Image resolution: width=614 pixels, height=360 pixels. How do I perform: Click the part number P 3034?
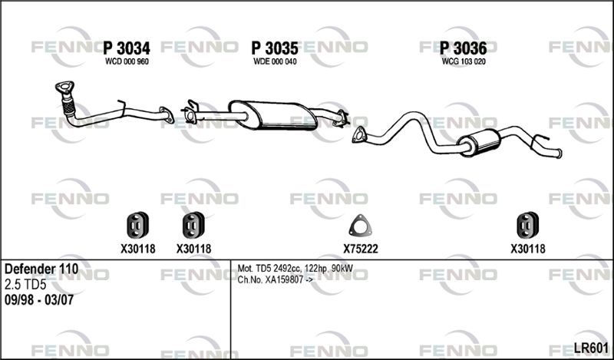click(x=127, y=48)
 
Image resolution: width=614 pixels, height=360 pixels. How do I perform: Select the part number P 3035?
click(x=275, y=48)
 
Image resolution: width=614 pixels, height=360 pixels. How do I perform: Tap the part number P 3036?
click(x=464, y=48)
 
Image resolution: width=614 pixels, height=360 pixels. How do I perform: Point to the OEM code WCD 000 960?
click(x=127, y=61)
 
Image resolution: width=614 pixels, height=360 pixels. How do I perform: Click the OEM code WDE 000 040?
click(x=275, y=61)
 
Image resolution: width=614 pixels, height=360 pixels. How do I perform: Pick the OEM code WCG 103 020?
click(x=464, y=61)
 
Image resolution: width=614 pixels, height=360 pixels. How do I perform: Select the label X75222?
click(x=361, y=249)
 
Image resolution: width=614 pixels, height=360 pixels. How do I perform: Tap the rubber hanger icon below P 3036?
click(x=527, y=225)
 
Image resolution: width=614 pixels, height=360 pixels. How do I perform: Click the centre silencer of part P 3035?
click(x=274, y=115)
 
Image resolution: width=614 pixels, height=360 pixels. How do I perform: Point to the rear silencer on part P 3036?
click(x=479, y=143)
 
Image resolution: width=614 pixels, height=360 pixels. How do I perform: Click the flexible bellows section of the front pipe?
click(x=68, y=105)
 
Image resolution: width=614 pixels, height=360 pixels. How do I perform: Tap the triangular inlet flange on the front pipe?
click(x=64, y=87)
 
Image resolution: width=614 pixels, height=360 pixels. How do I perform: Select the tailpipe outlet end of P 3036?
click(x=560, y=154)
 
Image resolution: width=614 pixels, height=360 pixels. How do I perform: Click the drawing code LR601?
click(x=591, y=348)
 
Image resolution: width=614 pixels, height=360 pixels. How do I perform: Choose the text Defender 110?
click(x=41, y=269)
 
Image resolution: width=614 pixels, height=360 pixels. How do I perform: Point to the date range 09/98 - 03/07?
click(x=39, y=300)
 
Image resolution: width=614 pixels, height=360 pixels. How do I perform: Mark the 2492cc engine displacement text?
click(x=287, y=269)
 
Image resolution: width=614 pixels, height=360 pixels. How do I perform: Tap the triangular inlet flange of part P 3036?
click(x=358, y=135)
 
